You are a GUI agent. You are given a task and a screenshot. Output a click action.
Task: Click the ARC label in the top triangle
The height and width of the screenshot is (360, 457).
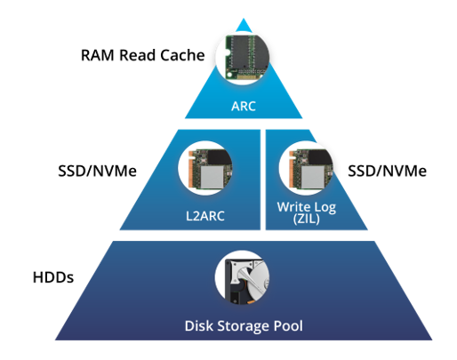pos(244,106)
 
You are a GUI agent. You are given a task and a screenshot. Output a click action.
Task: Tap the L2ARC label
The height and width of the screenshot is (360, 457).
pos(205,216)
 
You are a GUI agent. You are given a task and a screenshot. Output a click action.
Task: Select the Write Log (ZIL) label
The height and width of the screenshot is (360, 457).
pos(307,212)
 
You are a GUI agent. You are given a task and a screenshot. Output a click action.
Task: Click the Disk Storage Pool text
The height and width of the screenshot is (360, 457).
pos(244,326)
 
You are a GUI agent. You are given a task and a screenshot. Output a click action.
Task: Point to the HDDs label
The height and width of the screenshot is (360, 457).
pos(53,277)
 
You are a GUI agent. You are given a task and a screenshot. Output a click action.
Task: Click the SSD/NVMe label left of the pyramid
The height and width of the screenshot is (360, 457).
pos(97,171)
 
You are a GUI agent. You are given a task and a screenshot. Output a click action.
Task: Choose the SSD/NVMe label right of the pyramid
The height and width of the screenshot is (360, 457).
pos(387,171)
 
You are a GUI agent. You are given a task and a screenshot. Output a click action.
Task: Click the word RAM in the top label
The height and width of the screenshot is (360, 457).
pos(98,55)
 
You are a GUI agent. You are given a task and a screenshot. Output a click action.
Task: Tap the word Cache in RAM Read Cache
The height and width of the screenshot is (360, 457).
pos(182,55)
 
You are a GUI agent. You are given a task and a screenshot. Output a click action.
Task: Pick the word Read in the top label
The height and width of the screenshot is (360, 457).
pos(137,55)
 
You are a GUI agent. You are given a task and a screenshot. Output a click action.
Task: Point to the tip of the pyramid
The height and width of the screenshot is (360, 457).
pos(244,19)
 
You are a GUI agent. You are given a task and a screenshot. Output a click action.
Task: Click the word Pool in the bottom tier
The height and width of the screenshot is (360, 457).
pos(288,326)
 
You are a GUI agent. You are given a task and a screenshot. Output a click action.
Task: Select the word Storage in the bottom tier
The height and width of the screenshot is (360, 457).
pos(243,326)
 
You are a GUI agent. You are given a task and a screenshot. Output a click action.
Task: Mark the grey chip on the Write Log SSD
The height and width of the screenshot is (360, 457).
pos(313,177)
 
